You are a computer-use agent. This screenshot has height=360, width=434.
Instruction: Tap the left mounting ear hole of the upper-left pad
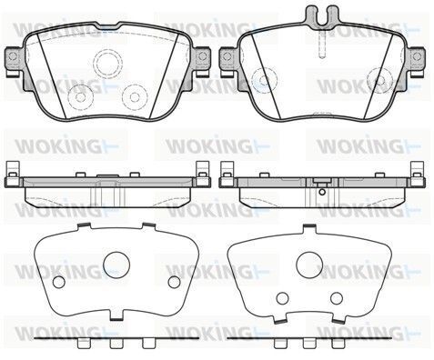click(x=13, y=56)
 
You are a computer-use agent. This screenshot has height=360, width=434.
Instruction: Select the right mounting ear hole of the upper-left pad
click(x=202, y=56)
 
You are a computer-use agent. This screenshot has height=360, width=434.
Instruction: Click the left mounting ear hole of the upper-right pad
click(x=227, y=56)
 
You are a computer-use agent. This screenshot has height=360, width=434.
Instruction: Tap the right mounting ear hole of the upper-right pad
click(x=417, y=56)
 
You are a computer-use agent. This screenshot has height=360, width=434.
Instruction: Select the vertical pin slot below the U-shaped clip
click(x=322, y=44)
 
